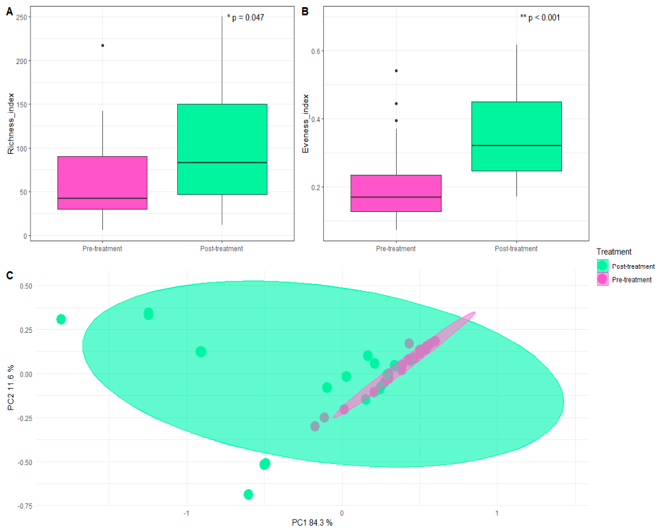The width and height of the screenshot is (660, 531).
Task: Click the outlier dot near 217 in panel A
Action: pyautogui.click(x=103, y=45)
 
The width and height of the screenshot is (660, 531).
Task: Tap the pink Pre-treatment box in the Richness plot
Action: pyautogui.click(x=102, y=183)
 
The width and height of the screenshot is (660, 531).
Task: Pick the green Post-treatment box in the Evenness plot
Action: pyautogui.click(x=516, y=136)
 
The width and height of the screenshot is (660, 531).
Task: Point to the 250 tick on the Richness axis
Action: pyautogui.click(x=22, y=17)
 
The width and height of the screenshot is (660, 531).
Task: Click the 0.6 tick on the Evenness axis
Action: pyautogui.click(x=315, y=51)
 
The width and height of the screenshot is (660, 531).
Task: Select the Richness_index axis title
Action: pyautogui.click(x=11, y=123)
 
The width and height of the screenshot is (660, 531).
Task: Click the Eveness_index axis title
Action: pyautogui.click(x=306, y=123)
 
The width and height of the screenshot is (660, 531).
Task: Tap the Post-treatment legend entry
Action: pyautogui.click(x=626, y=266)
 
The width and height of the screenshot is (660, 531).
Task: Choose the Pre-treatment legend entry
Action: pyautogui.click(x=625, y=279)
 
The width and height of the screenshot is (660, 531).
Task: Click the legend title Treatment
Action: pyautogui.click(x=614, y=252)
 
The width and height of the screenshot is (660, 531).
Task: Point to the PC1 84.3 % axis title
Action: pyautogui.click(x=312, y=523)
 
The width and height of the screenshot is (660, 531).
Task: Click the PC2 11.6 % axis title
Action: pyautogui.click(x=11, y=387)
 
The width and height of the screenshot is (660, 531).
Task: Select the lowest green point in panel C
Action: pyautogui.click(x=248, y=494)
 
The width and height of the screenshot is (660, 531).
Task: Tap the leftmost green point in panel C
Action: pyautogui.click(x=61, y=319)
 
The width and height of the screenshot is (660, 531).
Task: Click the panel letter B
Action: pyautogui.click(x=305, y=11)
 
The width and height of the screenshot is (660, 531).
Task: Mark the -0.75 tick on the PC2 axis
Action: pyautogui.click(x=25, y=506)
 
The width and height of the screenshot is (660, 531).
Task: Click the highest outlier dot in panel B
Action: pyautogui.click(x=397, y=71)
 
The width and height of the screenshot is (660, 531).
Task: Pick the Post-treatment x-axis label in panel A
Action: pyautogui.click(x=221, y=248)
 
